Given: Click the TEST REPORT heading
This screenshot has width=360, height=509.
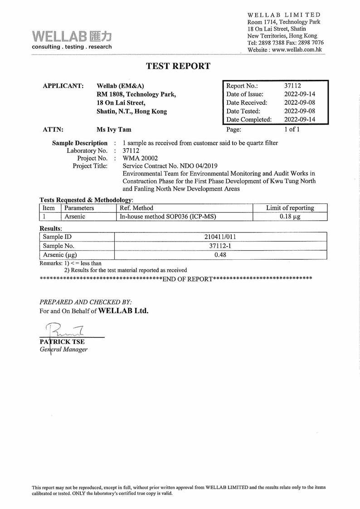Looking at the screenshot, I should click(x=178, y=66).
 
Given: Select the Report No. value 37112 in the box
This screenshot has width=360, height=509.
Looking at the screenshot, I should click(x=293, y=86).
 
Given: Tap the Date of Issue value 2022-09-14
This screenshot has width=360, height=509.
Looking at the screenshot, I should click(x=299, y=94).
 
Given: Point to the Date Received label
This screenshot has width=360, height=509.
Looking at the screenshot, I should click(x=247, y=102).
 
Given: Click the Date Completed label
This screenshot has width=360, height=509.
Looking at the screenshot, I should click(x=249, y=120).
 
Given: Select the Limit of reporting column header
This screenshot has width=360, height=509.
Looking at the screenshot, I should click(x=290, y=208).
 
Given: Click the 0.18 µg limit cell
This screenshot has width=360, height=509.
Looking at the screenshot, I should click(x=290, y=217).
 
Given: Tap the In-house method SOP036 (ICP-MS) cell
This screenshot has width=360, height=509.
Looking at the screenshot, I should click(x=167, y=217).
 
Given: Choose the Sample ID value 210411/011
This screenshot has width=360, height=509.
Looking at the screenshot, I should click(x=220, y=237).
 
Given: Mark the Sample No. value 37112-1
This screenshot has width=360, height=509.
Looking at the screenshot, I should click(x=220, y=246).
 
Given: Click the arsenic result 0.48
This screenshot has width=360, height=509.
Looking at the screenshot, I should click(x=220, y=255).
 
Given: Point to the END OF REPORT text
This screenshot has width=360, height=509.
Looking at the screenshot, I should click(x=187, y=278).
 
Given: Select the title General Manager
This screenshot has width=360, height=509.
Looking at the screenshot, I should click(x=63, y=349).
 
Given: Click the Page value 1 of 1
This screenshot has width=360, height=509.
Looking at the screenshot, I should click(x=292, y=129).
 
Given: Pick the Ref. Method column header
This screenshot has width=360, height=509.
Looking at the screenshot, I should click(x=137, y=208).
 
